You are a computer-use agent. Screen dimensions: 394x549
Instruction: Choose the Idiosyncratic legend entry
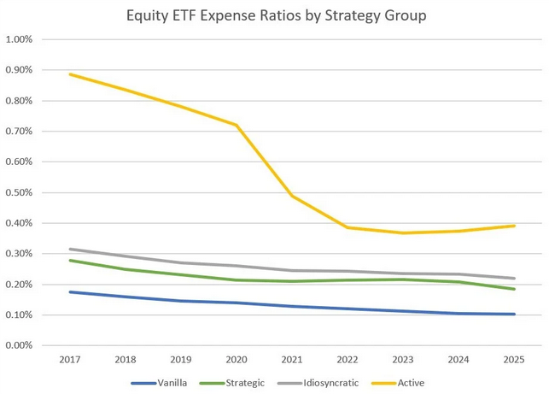[x=329, y=383]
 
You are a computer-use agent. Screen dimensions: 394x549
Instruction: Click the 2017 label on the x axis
[x=69, y=359]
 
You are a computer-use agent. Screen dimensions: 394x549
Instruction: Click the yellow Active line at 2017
[x=69, y=74]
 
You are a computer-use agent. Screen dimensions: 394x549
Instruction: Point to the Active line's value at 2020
[x=236, y=125]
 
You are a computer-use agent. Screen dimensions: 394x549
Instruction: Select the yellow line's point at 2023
[x=402, y=232]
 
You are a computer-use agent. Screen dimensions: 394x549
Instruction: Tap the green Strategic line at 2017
[x=69, y=260]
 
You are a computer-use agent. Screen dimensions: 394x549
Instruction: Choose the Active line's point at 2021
[x=291, y=196]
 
